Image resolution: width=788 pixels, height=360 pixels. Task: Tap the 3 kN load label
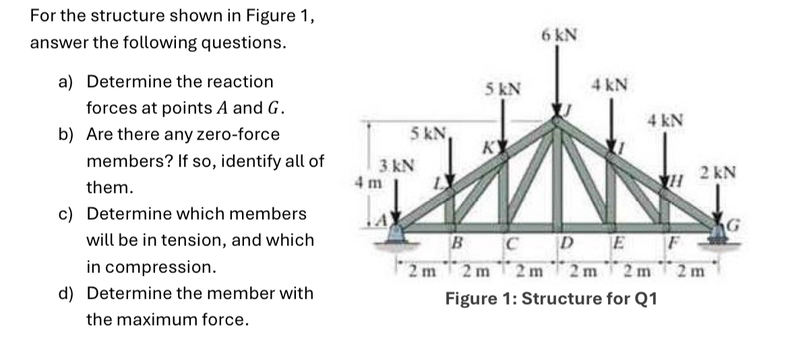(391, 165)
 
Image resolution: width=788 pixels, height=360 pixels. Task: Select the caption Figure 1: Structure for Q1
(551, 298)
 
